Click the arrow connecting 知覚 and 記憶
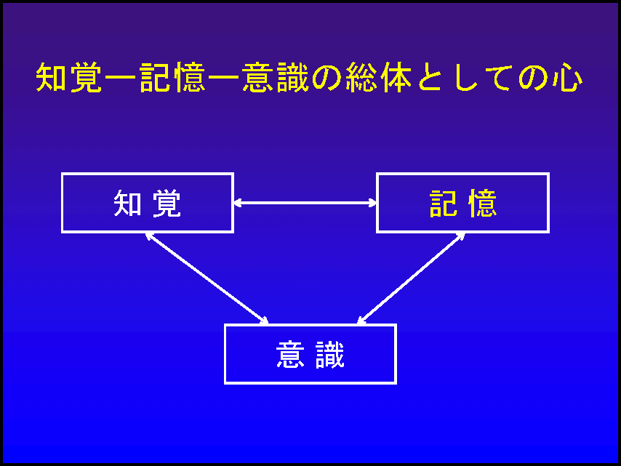click(x=305, y=203)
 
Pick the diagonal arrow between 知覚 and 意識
click(x=207, y=278)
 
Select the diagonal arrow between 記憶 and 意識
click(x=411, y=278)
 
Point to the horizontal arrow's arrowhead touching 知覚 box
click(x=237, y=203)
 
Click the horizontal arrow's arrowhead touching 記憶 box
click(x=372, y=203)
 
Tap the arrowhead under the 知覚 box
click(x=149, y=236)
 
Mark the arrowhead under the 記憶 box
click(x=461, y=236)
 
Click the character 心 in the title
click(x=568, y=78)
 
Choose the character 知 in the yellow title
click(x=51, y=78)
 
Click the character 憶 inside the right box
click(x=481, y=203)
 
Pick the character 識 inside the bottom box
click(x=329, y=354)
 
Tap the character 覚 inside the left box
click(x=167, y=203)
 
